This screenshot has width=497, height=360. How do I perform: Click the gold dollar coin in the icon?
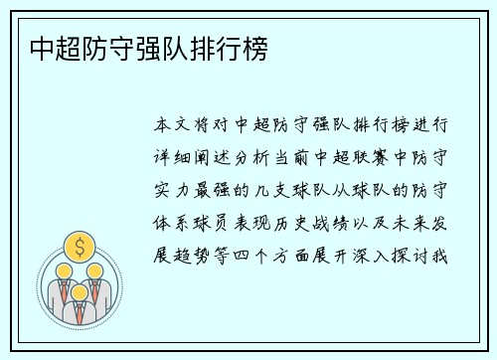click(78, 245)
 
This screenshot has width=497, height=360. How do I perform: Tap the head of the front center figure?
click(78, 273)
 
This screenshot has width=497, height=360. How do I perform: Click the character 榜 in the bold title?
click(255, 48)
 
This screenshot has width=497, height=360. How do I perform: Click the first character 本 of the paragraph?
click(164, 127)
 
